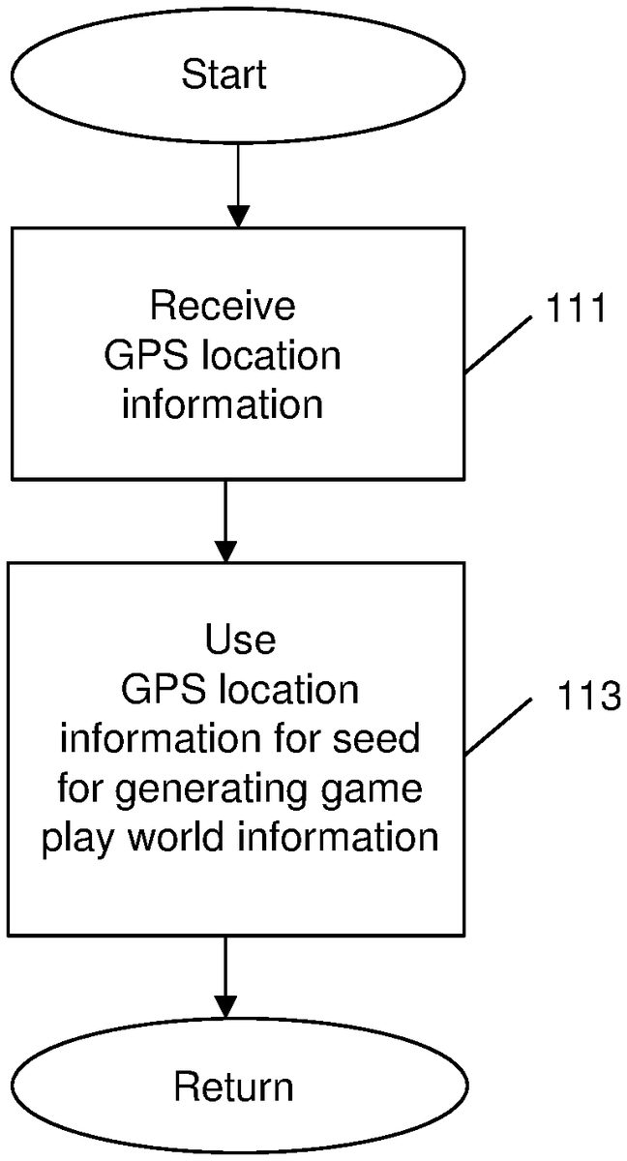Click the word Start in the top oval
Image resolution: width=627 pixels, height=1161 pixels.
click(x=224, y=75)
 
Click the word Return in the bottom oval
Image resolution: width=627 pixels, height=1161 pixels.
click(x=233, y=1087)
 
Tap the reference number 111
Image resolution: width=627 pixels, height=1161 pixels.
click(x=575, y=311)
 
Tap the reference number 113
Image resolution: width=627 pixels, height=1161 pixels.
click(x=588, y=696)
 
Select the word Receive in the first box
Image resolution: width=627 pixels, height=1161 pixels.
click(x=223, y=306)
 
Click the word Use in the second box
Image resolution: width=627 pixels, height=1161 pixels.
click(x=240, y=640)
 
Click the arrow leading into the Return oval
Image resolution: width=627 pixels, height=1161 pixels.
click(x=224, y=977)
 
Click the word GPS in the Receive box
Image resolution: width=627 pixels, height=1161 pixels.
click(x=142, y=356)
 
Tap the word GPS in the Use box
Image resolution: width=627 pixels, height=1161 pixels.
click(x=160, y=690)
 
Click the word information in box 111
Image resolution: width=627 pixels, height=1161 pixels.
click(x=223, y=403)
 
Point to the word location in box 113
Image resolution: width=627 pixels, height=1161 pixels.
click(x=288, y=690)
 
